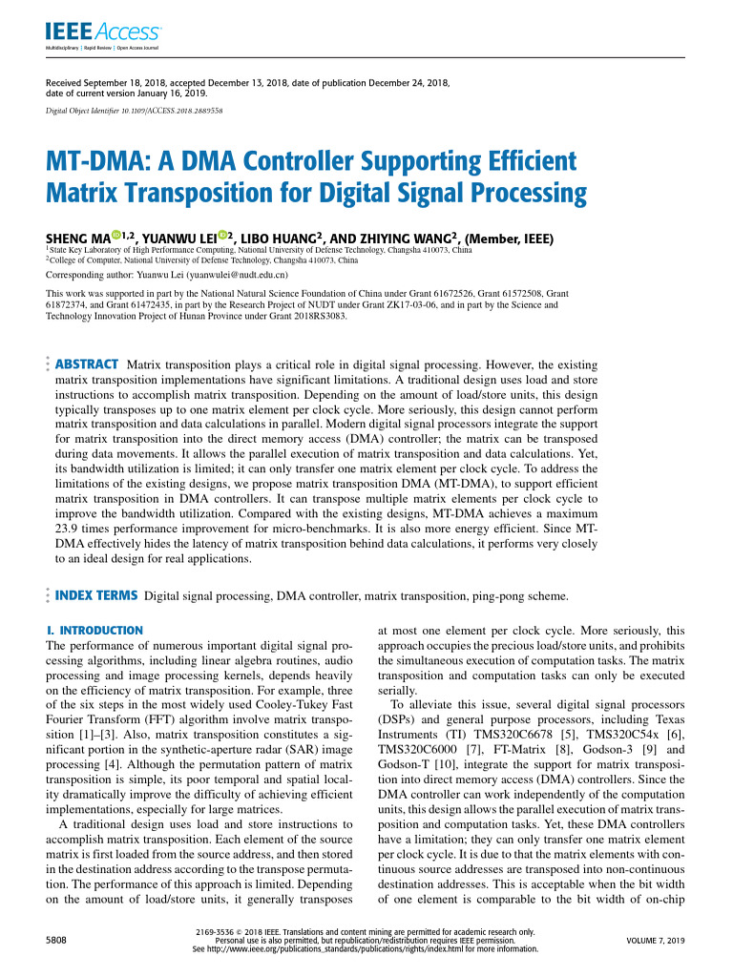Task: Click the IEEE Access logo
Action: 103,34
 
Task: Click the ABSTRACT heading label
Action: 87,364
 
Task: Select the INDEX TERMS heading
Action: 97,596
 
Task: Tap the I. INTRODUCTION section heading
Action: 94,631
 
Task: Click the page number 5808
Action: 56,940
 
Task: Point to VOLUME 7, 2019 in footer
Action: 655,940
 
